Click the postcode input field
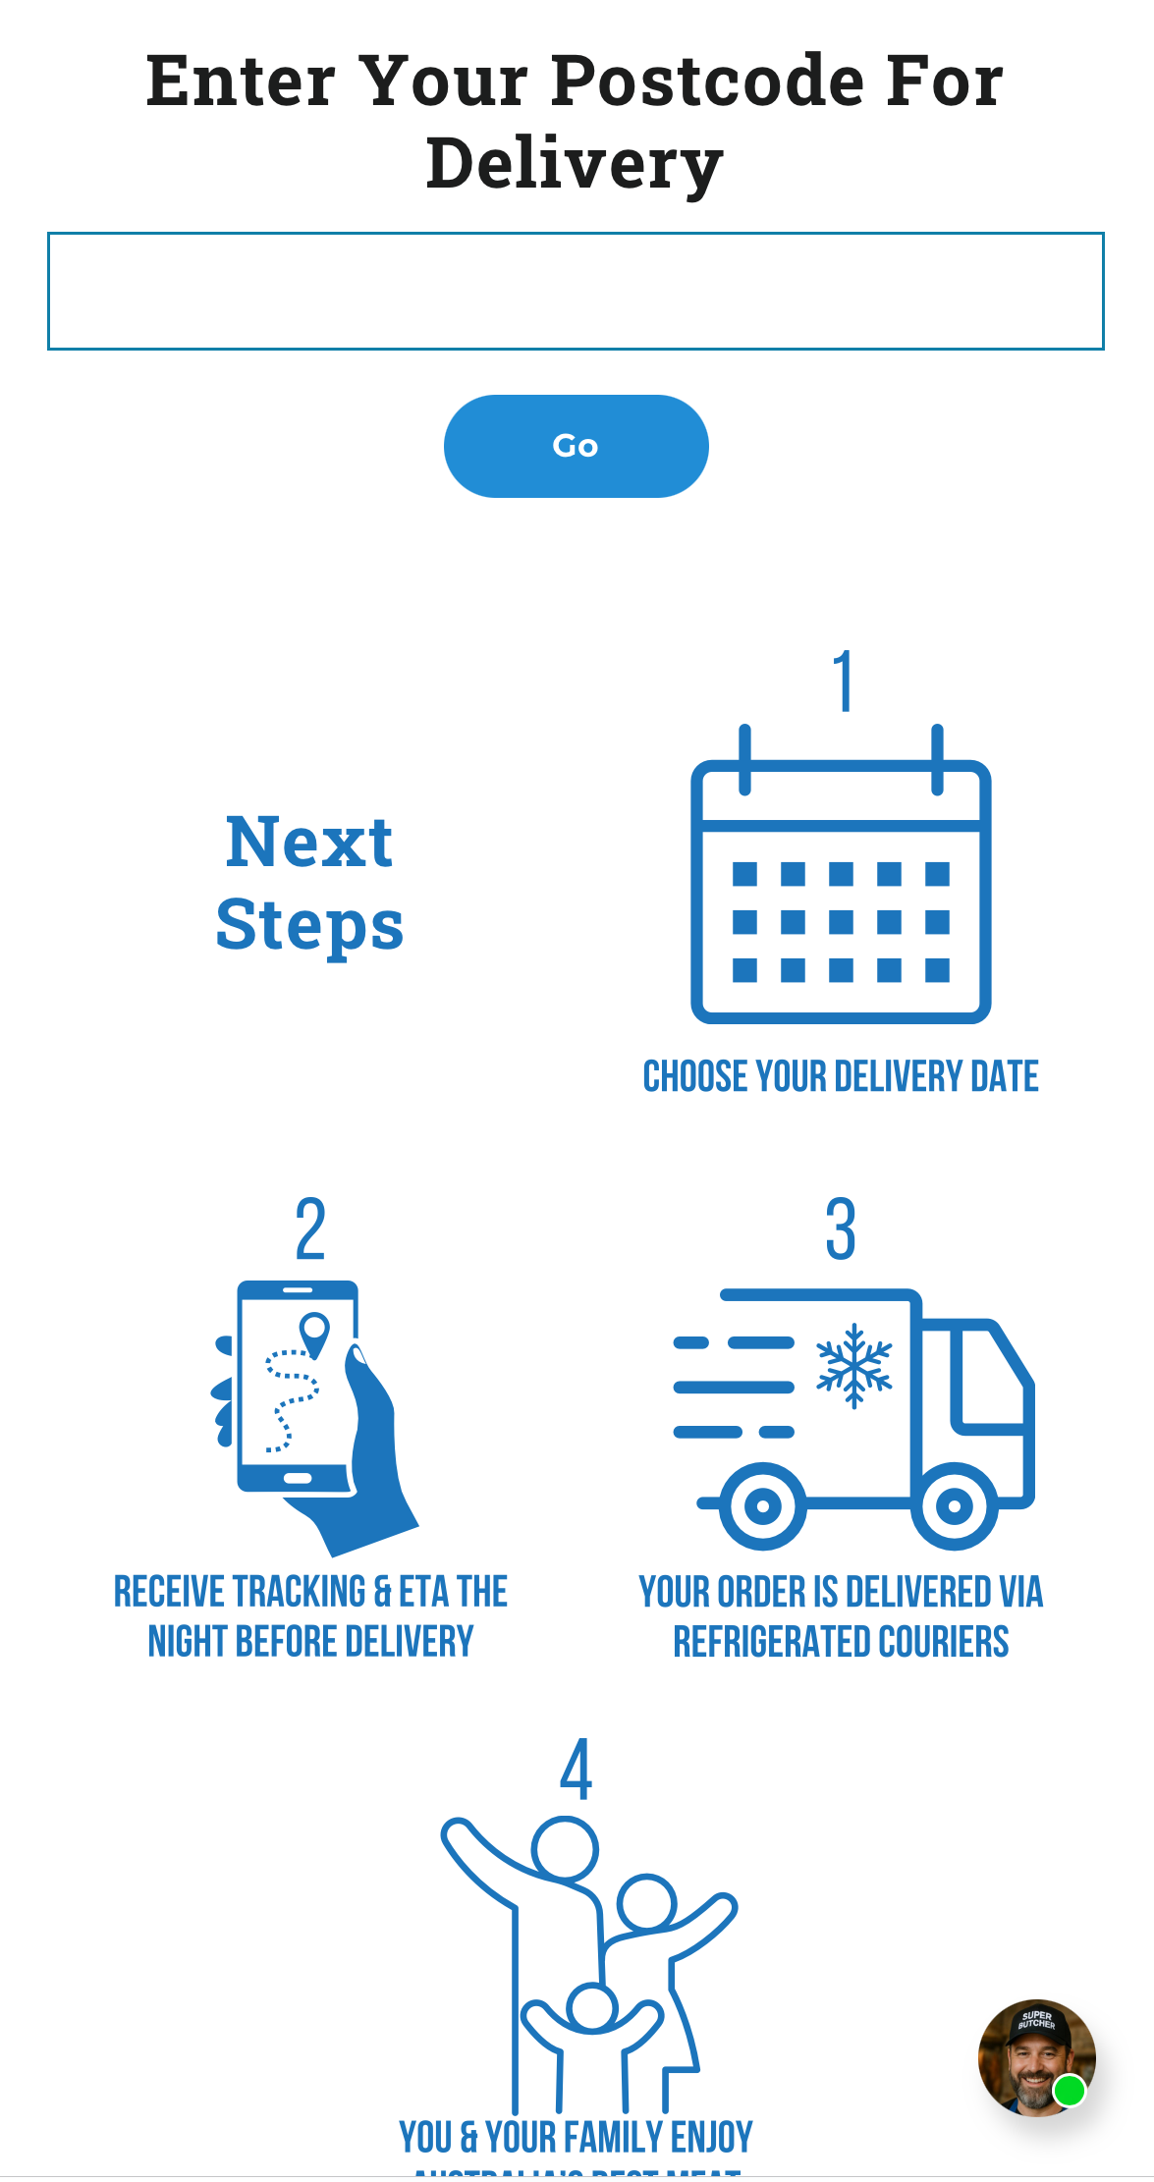click(576, 291)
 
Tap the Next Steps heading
click(309, 883)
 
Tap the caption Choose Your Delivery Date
click(841, 1076)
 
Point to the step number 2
click(310, 1228)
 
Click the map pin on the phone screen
click(314, 1333)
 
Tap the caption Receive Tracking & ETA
click(310, 1616)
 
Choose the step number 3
click(841, 1228)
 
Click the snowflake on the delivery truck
click(854, 1365)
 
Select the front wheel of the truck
click(955, 1504)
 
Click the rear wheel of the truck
click(763, 1504)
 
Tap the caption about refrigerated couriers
click(841, 1616)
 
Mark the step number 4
click(577, 1770)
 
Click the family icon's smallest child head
click(591, 2006)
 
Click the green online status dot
click(1069, 2091)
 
